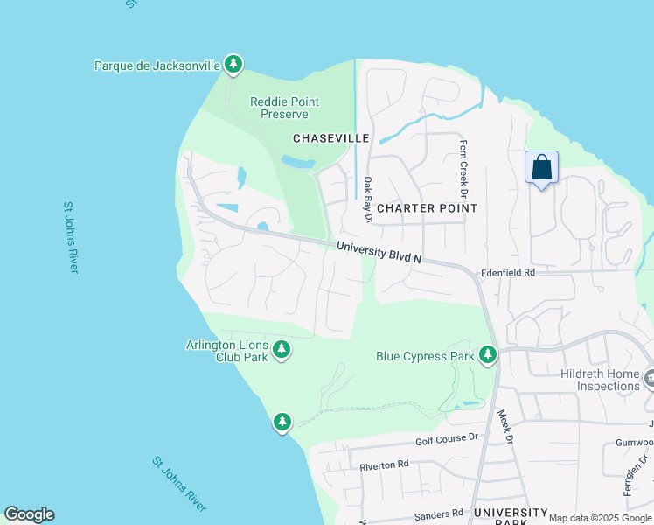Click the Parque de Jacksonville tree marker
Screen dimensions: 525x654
[x=233, y=64]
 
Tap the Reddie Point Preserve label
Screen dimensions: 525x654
[x=284, y=108]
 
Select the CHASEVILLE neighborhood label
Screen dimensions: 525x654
[x=331, y=138]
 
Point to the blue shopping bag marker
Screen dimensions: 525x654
[x=541, y=166]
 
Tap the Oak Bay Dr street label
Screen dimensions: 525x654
[x=368, y=199]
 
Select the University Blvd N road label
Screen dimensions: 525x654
[x=379, y=252]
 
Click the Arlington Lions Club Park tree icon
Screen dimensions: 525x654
[x=282, y=350]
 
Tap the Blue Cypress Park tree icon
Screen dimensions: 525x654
[x=488, y=355]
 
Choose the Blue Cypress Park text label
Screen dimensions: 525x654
[x=425, y=356]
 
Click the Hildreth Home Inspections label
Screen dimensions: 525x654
[x=600, y=380]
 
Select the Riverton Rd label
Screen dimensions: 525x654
[x=384, y=465]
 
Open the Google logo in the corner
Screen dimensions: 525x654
[x=29, y=514]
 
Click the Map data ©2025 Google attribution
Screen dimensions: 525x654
[x=600, y=518]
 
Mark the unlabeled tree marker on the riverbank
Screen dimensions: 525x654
[x=282, y=422]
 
